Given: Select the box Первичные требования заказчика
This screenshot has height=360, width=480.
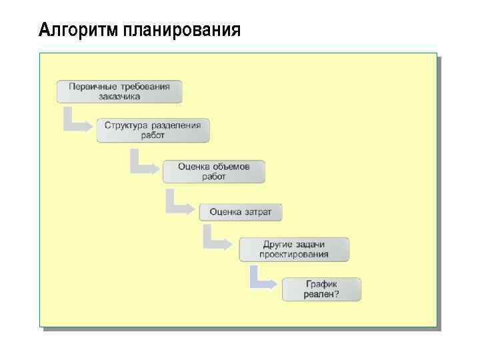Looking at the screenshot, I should click(119, 91).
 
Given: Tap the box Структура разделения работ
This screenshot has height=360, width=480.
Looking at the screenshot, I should click(153, 130).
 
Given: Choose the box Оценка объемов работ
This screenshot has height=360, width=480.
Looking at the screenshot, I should click(213, 171).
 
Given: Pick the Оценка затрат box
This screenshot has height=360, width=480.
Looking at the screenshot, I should click(240, 212).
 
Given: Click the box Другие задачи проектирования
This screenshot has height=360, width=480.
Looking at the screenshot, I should click(293, 249).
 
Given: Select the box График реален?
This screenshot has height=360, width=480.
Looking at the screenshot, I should click(321, 289).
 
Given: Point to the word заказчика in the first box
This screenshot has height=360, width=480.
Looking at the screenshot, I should click(119, 96).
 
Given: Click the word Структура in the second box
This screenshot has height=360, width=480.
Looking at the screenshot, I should click(127, 125).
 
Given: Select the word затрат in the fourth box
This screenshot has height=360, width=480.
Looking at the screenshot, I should click(258, 212).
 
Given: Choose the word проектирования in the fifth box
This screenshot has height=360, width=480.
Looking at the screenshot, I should click(293, 254).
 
